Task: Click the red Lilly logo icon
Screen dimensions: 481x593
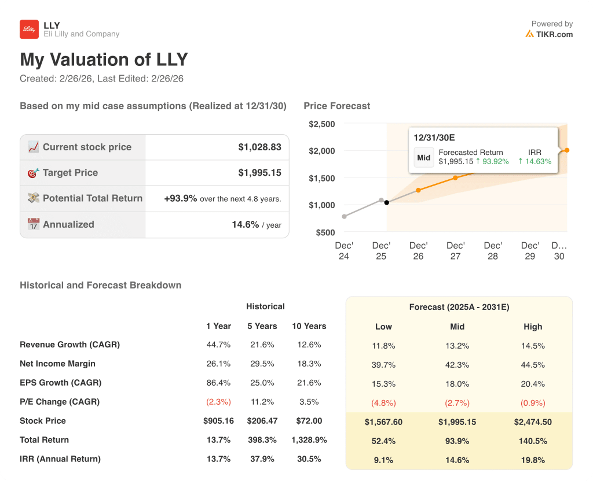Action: point(29,29)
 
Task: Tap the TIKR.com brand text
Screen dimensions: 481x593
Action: point(554,34)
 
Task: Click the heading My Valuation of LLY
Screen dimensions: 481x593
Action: point(104,60)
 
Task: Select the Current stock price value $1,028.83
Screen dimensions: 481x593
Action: point(259,147)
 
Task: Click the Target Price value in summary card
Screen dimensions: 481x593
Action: point(259,173)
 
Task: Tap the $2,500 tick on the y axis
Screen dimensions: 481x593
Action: point(321,124)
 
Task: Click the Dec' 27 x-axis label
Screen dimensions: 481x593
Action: point(456,250)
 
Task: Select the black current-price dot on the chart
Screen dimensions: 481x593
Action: point(387,202)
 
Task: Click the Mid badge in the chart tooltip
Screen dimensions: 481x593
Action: point(424,157)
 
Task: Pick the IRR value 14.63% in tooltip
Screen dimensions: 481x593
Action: point(535,161)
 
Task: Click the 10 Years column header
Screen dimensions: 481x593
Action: point(309,326)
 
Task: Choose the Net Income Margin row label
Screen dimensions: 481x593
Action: point(57,364)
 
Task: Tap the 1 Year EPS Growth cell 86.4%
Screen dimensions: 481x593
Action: point(218,383)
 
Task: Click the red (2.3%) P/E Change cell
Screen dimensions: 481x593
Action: point(218,402)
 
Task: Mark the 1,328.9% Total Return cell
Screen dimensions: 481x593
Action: point(309,440)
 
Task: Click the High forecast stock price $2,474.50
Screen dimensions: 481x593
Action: point(533,422)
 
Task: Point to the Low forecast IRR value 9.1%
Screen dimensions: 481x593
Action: point(383,461)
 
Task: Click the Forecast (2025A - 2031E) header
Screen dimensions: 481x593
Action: point(459,307)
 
